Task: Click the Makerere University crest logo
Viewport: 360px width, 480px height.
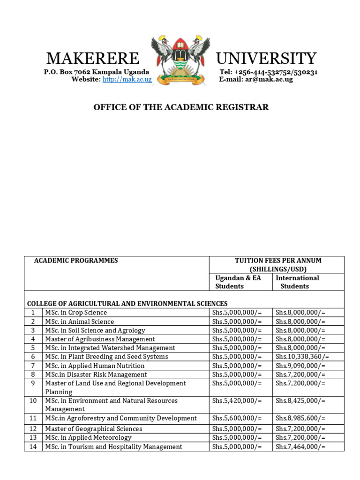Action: point(180,60)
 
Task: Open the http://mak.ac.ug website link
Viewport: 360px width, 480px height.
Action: point(127,79)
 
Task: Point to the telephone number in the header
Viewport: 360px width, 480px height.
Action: point(269,72)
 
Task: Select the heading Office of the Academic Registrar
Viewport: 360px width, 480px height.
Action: point(181,107)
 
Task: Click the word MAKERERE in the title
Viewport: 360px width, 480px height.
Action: point(93,59)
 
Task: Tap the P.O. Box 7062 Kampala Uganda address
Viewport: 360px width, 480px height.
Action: point(97,72)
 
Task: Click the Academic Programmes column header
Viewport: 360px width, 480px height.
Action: point(76,261)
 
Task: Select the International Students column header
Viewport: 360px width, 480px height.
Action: point(297,282)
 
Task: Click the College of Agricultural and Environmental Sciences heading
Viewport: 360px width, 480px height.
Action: point(127,304)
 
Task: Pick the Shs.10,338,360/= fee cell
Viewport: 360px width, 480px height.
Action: point(302,357)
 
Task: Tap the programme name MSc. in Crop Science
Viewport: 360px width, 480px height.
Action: point(76,313)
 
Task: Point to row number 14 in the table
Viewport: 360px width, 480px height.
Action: point(33,447)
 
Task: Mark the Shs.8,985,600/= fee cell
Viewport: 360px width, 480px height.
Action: point(300,418)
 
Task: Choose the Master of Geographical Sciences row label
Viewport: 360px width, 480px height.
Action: point(93,429)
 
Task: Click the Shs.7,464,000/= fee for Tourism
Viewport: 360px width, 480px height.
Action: point(300,447)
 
